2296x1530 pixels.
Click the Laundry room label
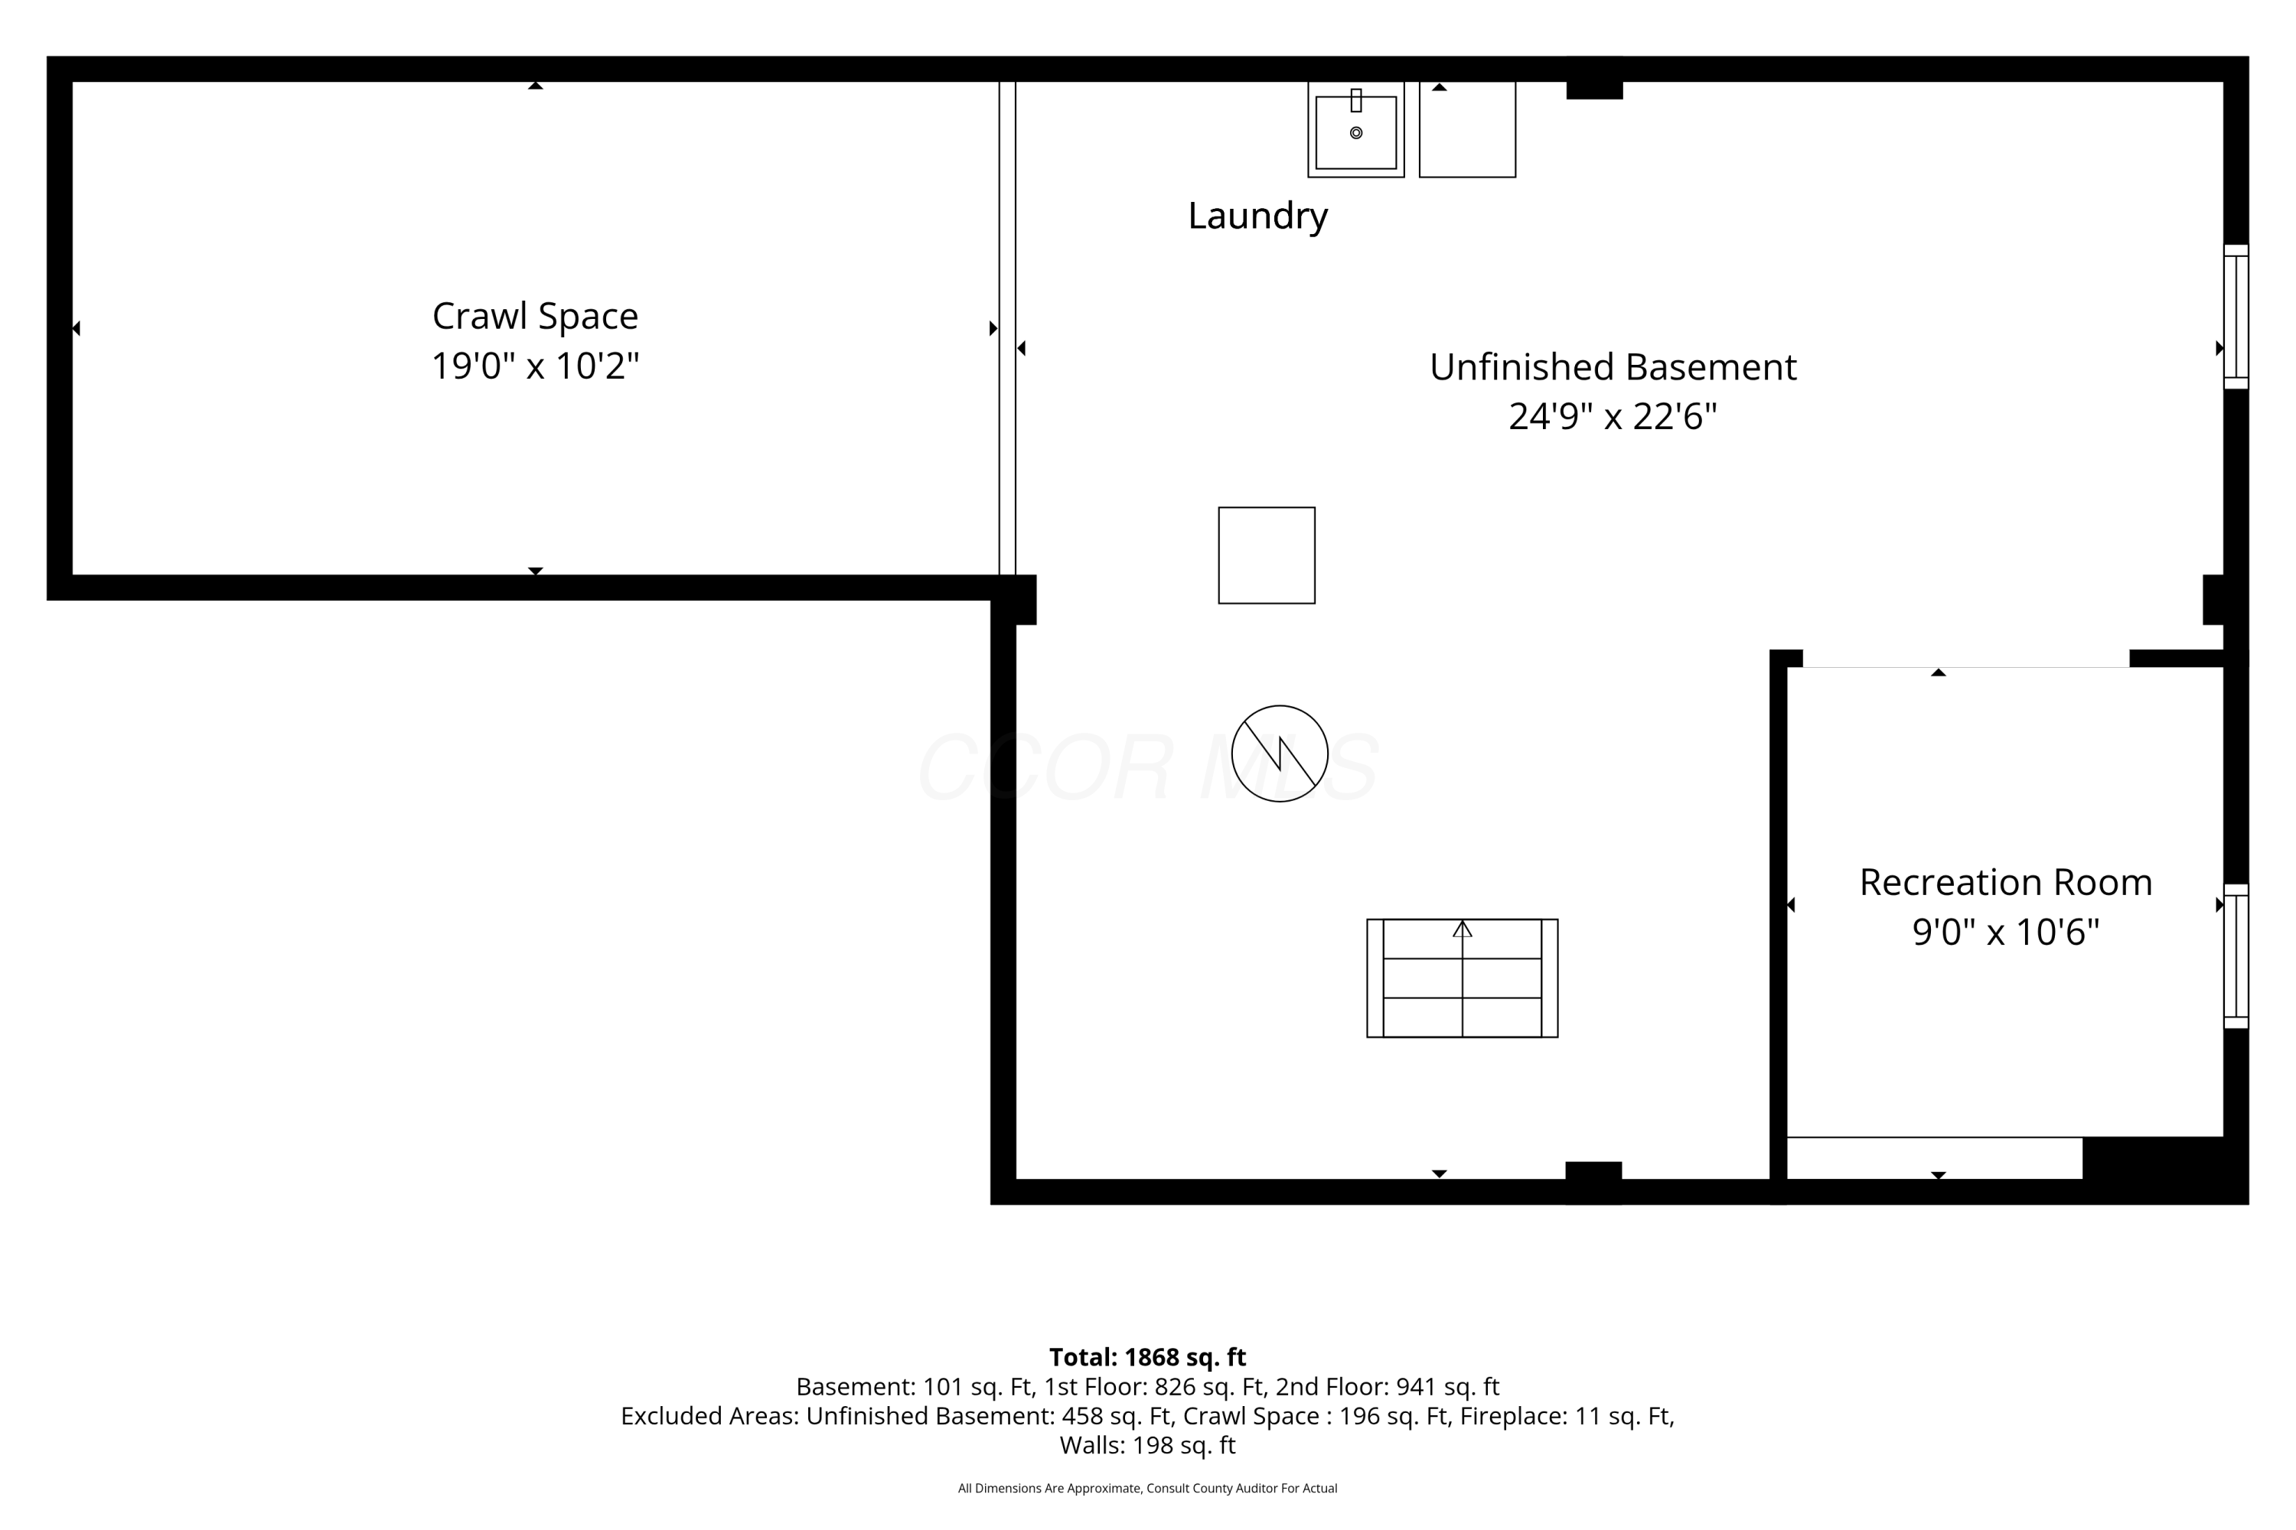click(x=1257, y=216)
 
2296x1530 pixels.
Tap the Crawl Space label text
click(x=535, y=316)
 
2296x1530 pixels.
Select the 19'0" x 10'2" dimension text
click(x=535, y=366)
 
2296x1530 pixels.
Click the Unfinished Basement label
click(x=1613, y=367)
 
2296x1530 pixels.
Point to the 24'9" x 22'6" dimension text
click(x=1613, y=417)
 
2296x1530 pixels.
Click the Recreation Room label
click(x=2006, y=882)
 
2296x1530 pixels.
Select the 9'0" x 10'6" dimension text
click(x=2006, y=932)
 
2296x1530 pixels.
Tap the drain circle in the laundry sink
click(x=1356, y=132)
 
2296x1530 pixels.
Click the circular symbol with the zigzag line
click(x=1280, y=754)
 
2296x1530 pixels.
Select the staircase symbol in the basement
click(x=1463, y=978)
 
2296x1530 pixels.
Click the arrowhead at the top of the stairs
click(x=1463, y=929)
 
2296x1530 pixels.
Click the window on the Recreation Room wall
click(x=2236, y=956)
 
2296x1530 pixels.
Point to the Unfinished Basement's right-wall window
click(x=2236, y=316)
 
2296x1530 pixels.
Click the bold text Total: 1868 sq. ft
click(x=1147, y=1357)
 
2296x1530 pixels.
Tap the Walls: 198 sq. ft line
click(x=1147, y=1445)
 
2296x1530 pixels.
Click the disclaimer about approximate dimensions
click(x=1147, y=1488)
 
